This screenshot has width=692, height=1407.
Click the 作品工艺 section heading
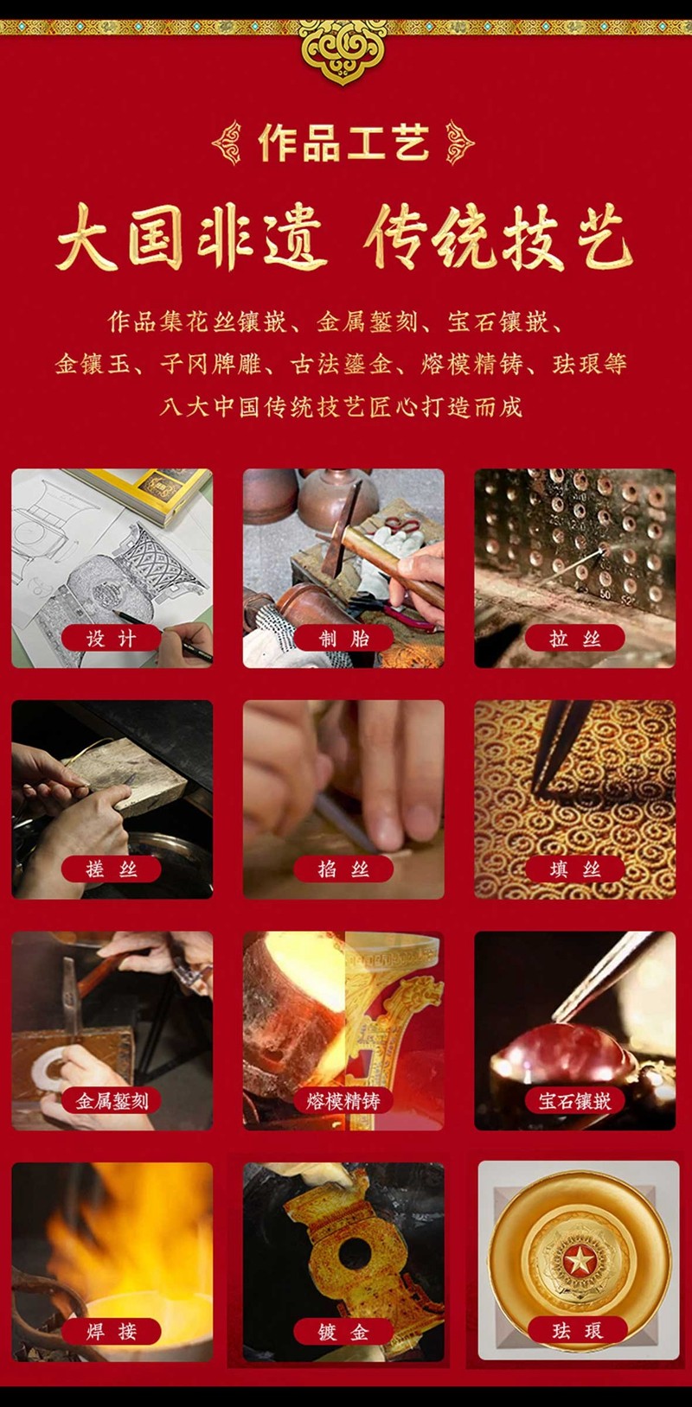click(x=343, y=143)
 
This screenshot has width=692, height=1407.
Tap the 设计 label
click(x=112, y=639)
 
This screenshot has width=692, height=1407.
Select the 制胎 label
click(x=343, y=639)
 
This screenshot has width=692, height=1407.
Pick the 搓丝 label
click(x=112, y=869)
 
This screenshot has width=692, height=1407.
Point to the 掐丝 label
click(x=343, y=869)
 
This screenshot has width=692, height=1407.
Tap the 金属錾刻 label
click(x=112, y=1100)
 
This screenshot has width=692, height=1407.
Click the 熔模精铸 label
click(x=343, y=1100)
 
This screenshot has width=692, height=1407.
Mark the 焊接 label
click(x=112, y=1331)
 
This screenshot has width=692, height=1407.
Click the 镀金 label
click(x=343, y=1331)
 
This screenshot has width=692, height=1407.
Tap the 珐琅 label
click(x=578, y=1330)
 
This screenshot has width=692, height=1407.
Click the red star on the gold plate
click(x=579, y=1260)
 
